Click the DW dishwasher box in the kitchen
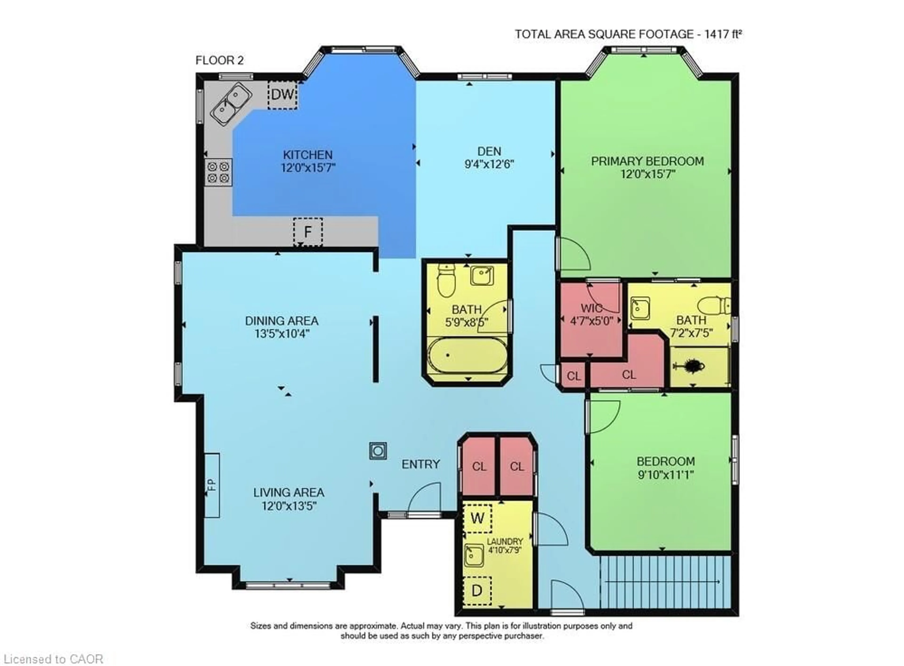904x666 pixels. coord(282,94)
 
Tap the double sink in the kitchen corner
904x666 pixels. coord(231,103)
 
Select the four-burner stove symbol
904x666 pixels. coord(218,172)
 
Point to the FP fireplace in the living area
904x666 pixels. coord(212,485)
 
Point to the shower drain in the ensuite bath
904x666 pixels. coord(693,366)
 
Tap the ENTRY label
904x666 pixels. coord(420,464)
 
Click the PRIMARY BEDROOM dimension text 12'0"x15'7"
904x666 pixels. coord(647,174)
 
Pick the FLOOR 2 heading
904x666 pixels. coord(219,60)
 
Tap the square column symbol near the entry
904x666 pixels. coord(378,451)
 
